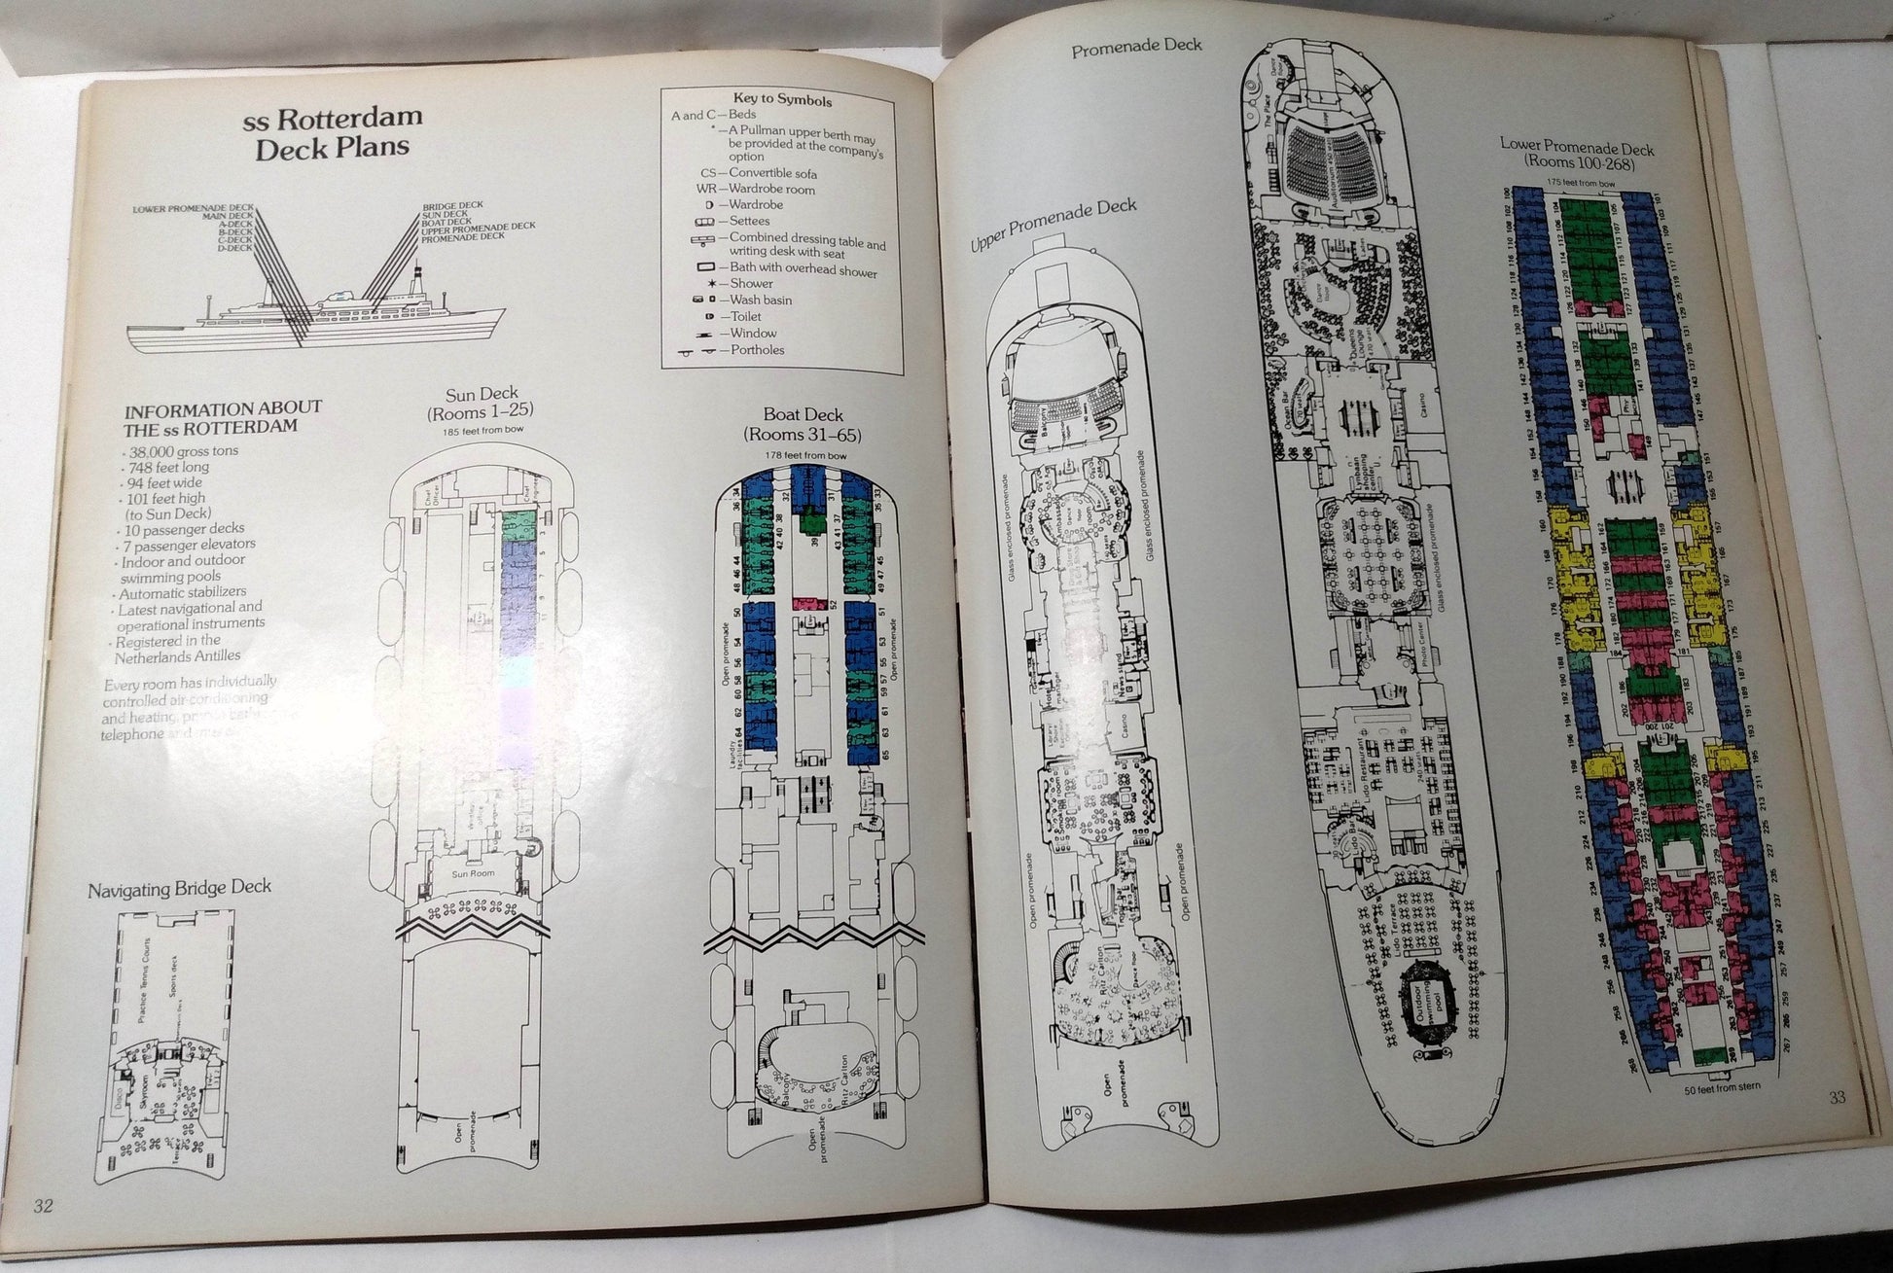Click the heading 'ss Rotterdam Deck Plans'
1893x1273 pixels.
point(333,132)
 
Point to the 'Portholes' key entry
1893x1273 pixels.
point(756,350)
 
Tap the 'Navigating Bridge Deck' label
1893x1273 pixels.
point(179,888)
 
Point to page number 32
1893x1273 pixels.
point(43,1206)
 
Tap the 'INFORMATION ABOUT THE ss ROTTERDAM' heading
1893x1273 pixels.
point(223,417)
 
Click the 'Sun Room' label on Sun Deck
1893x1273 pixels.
point(474,872)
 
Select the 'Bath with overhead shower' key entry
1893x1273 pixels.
point(802,270)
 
